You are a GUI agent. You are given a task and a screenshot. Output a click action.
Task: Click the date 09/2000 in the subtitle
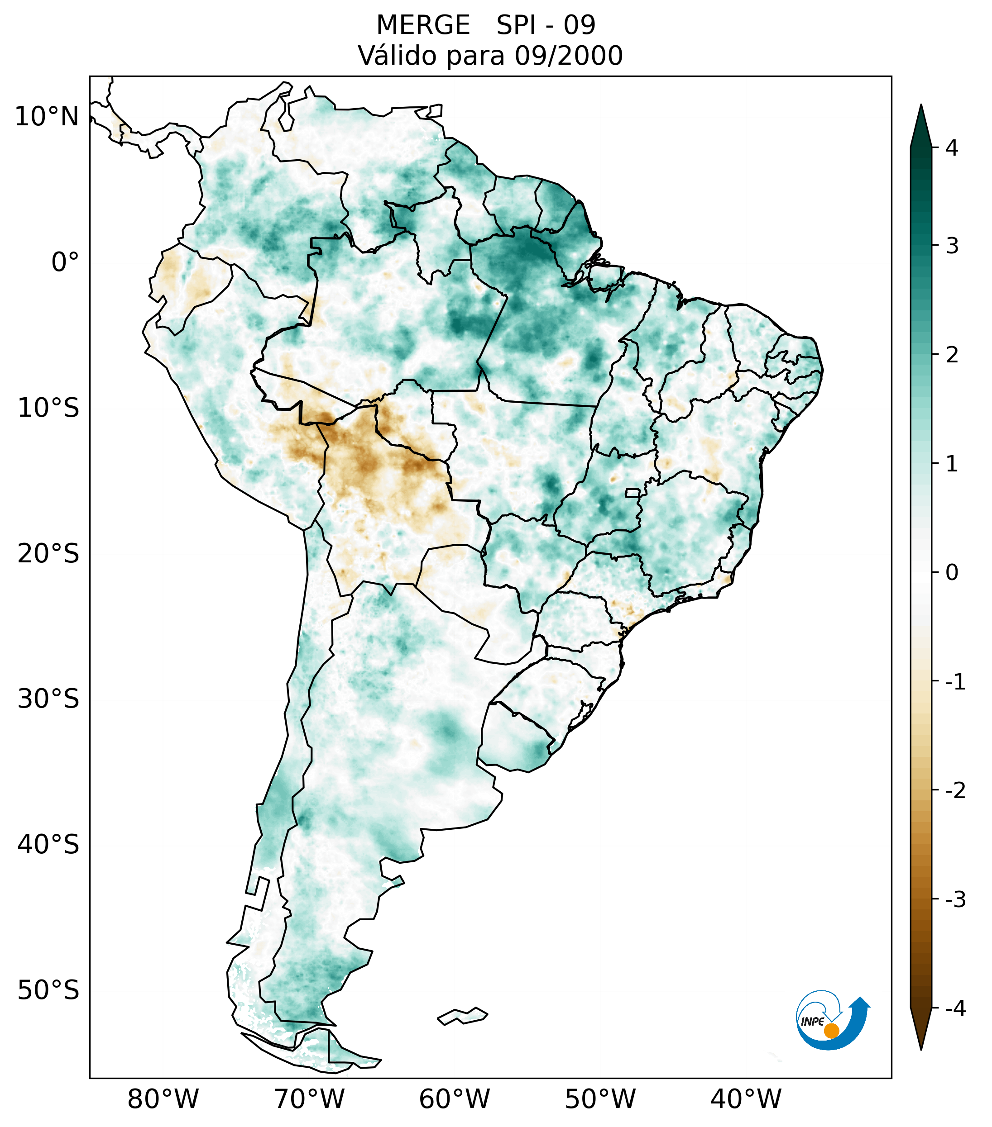pos(568,56)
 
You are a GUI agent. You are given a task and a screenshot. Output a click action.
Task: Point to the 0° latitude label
pos(65,262)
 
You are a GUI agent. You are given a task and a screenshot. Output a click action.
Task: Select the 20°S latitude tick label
pos(48,554)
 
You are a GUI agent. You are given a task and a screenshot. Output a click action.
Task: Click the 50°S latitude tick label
pos(48,991)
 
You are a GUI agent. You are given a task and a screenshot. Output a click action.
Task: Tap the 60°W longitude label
pos(454,1099)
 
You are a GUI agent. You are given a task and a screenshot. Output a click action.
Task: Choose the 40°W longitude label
pos(746,1099)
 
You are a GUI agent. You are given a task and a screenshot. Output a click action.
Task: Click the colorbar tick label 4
pos(952,148)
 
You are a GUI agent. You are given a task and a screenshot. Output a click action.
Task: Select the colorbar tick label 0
pos(952,573)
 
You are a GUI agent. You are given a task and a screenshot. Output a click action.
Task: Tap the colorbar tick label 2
pos(952,356)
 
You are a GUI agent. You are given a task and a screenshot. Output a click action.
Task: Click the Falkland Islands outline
pos(462,1016)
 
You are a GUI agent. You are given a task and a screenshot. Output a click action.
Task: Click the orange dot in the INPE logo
pos(831,1031)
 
